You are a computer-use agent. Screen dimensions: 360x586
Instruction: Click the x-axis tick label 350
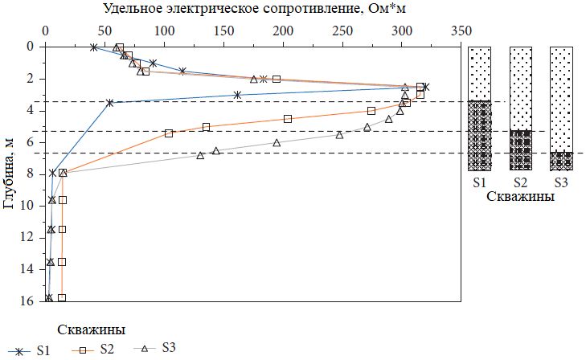(461, 31)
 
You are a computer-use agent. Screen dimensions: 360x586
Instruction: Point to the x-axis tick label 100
(163, 31)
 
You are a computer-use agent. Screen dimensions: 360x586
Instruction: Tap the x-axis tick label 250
(342, 31)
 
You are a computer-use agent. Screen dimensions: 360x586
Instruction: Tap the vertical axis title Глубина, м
(10, 172)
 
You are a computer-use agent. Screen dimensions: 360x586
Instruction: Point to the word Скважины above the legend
(91, 329)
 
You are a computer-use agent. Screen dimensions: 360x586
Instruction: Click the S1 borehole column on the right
(480, 108)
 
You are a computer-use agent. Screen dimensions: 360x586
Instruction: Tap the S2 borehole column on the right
(521, 108)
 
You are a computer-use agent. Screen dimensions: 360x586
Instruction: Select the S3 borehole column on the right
(561, 108)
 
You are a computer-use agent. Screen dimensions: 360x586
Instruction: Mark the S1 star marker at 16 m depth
(48, 298)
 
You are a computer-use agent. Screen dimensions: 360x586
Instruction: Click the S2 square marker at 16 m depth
(62, 298)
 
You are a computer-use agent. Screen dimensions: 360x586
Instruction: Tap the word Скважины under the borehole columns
(521, 198)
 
